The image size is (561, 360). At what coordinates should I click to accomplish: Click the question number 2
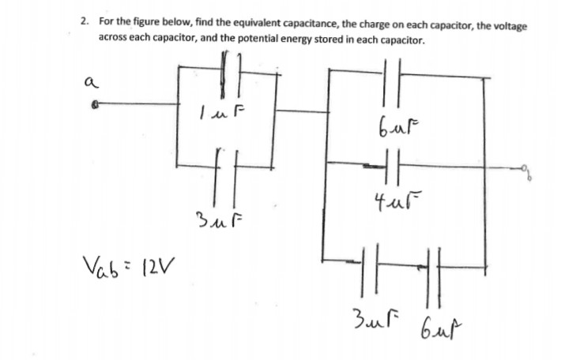(x=83, y=23)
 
